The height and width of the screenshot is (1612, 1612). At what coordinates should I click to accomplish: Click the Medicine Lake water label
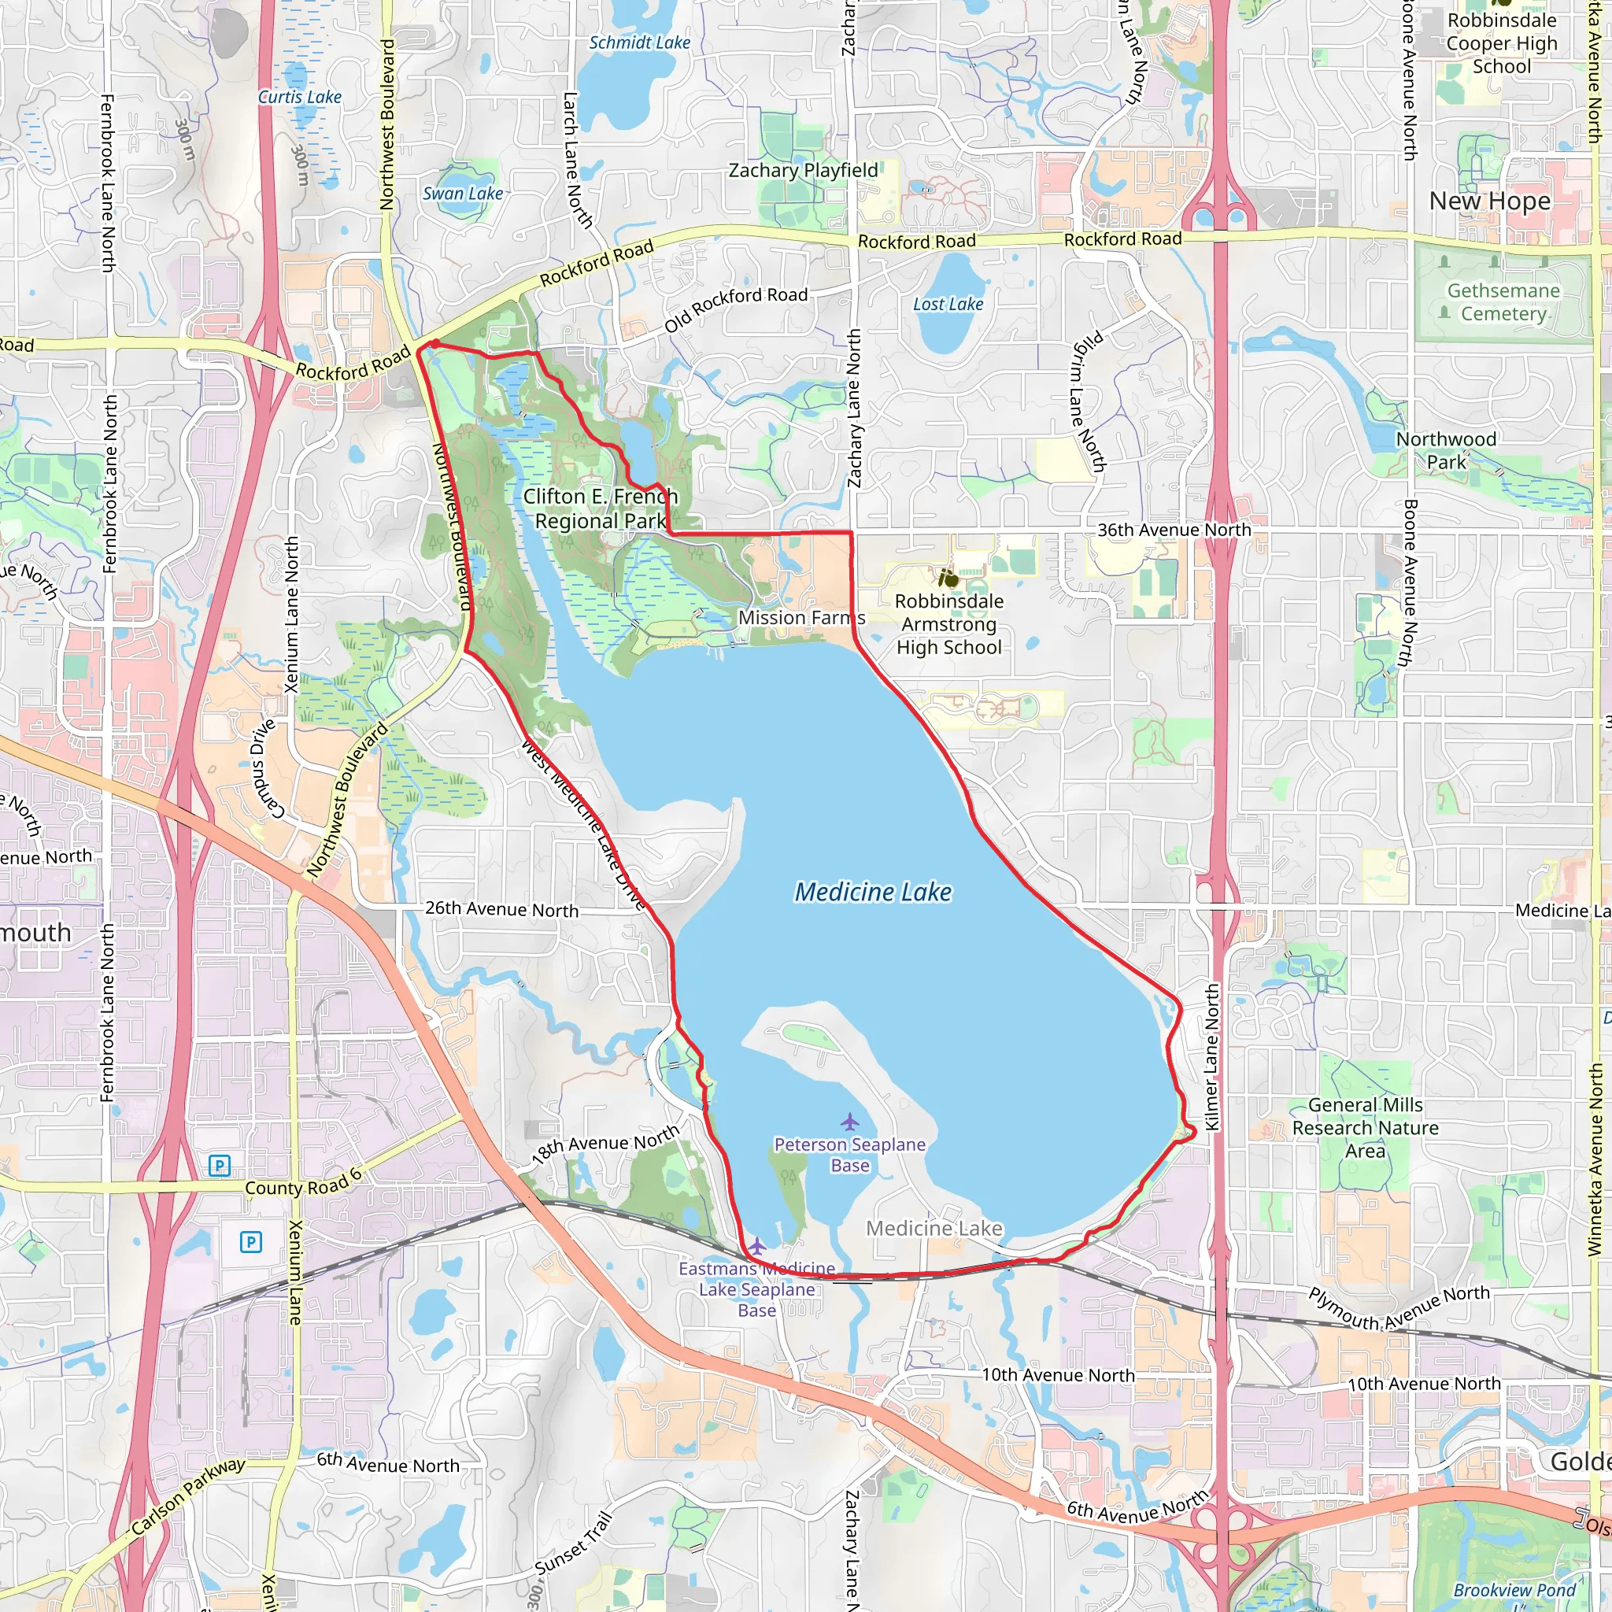(x=873, y=892)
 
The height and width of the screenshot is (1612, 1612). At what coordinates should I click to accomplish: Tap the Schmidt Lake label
(x=639, y=43)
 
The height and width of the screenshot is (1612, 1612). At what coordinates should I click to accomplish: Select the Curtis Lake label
(x=300, y=97)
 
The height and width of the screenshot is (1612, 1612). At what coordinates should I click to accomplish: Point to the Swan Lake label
(x=462, y=194)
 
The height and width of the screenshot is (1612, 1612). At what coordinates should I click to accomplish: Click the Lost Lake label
(x=948, y=305)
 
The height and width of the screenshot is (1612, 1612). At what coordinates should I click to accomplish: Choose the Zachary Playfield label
(x=803, y=170)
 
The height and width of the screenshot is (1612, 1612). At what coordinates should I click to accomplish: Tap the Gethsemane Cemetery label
(x=1503, y=302)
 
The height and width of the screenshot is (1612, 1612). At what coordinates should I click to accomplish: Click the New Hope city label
(x=1489, y=201)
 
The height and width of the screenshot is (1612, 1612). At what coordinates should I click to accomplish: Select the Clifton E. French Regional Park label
(x=600, y=508)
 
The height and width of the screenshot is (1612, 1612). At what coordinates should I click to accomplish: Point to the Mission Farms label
(x=801, y=617)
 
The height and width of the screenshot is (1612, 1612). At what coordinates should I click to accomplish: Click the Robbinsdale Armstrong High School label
(x=948, y=624)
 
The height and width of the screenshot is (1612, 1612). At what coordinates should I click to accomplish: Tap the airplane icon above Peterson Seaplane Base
(x=849, y=1121)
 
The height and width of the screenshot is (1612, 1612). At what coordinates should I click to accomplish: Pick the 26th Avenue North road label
(x=501, y=908)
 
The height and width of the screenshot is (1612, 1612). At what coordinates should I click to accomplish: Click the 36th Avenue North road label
(x=1173, y=530)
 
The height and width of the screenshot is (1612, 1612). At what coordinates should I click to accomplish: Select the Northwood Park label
(x=1446, y=450)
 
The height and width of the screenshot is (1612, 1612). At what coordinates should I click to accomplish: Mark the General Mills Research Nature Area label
(x=1365, y=1128)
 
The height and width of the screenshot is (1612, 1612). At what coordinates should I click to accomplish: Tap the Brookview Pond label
(x=1514, y=1589)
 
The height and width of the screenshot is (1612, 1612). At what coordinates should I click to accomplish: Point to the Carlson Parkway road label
(x=188, y=1496)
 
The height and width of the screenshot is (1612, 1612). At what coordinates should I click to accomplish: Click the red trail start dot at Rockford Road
(x=434, y=343)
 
